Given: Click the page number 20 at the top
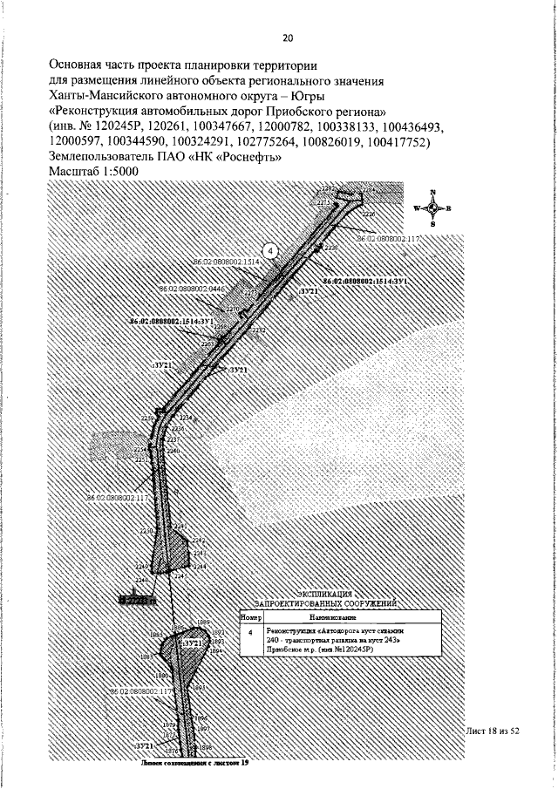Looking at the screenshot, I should coord(288,37).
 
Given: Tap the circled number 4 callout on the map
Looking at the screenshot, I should coord(270,250).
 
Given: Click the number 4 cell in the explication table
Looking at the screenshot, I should coord(251,631).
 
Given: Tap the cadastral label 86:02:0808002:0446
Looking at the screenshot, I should coord(192,288).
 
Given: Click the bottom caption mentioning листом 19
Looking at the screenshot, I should coord(195,764).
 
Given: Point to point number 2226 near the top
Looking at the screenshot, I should coord(368,213).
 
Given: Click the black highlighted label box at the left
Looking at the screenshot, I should coord(136,601).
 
